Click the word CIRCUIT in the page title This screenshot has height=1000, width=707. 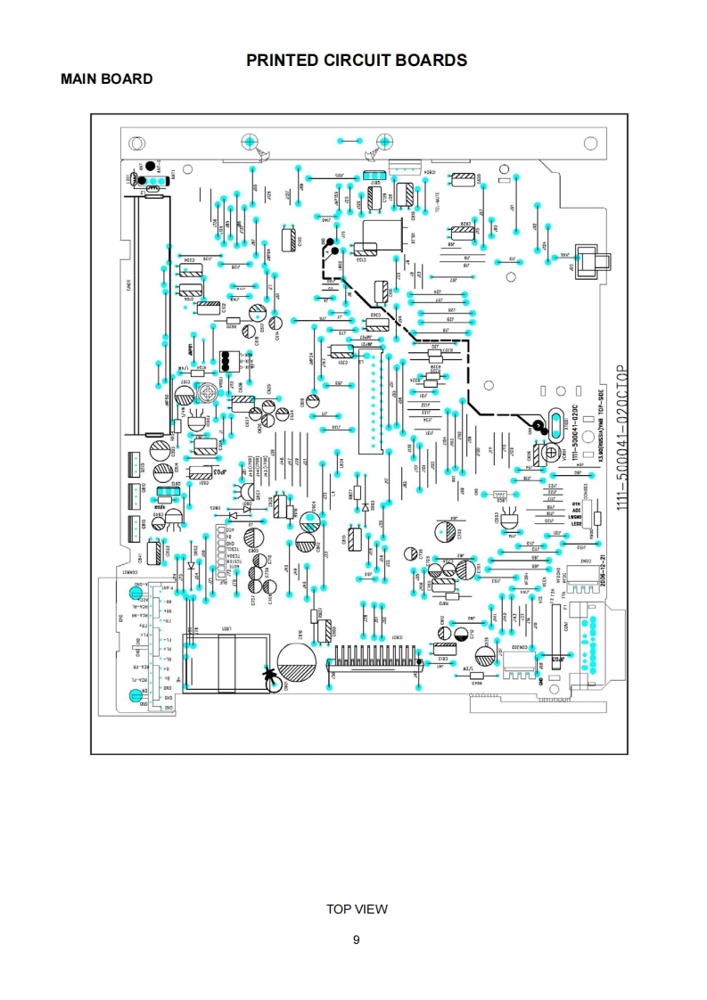tap(354, 61)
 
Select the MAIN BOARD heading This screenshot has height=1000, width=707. tap(106, 79)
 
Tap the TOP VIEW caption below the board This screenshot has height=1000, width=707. tap(357, 909)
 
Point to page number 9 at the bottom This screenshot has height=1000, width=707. tap(357, 939)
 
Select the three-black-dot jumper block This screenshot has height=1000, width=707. tap(227, 360)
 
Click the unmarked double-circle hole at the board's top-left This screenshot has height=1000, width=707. tap(139, 143)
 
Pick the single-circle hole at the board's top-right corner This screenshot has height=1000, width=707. tap(588, 143)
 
